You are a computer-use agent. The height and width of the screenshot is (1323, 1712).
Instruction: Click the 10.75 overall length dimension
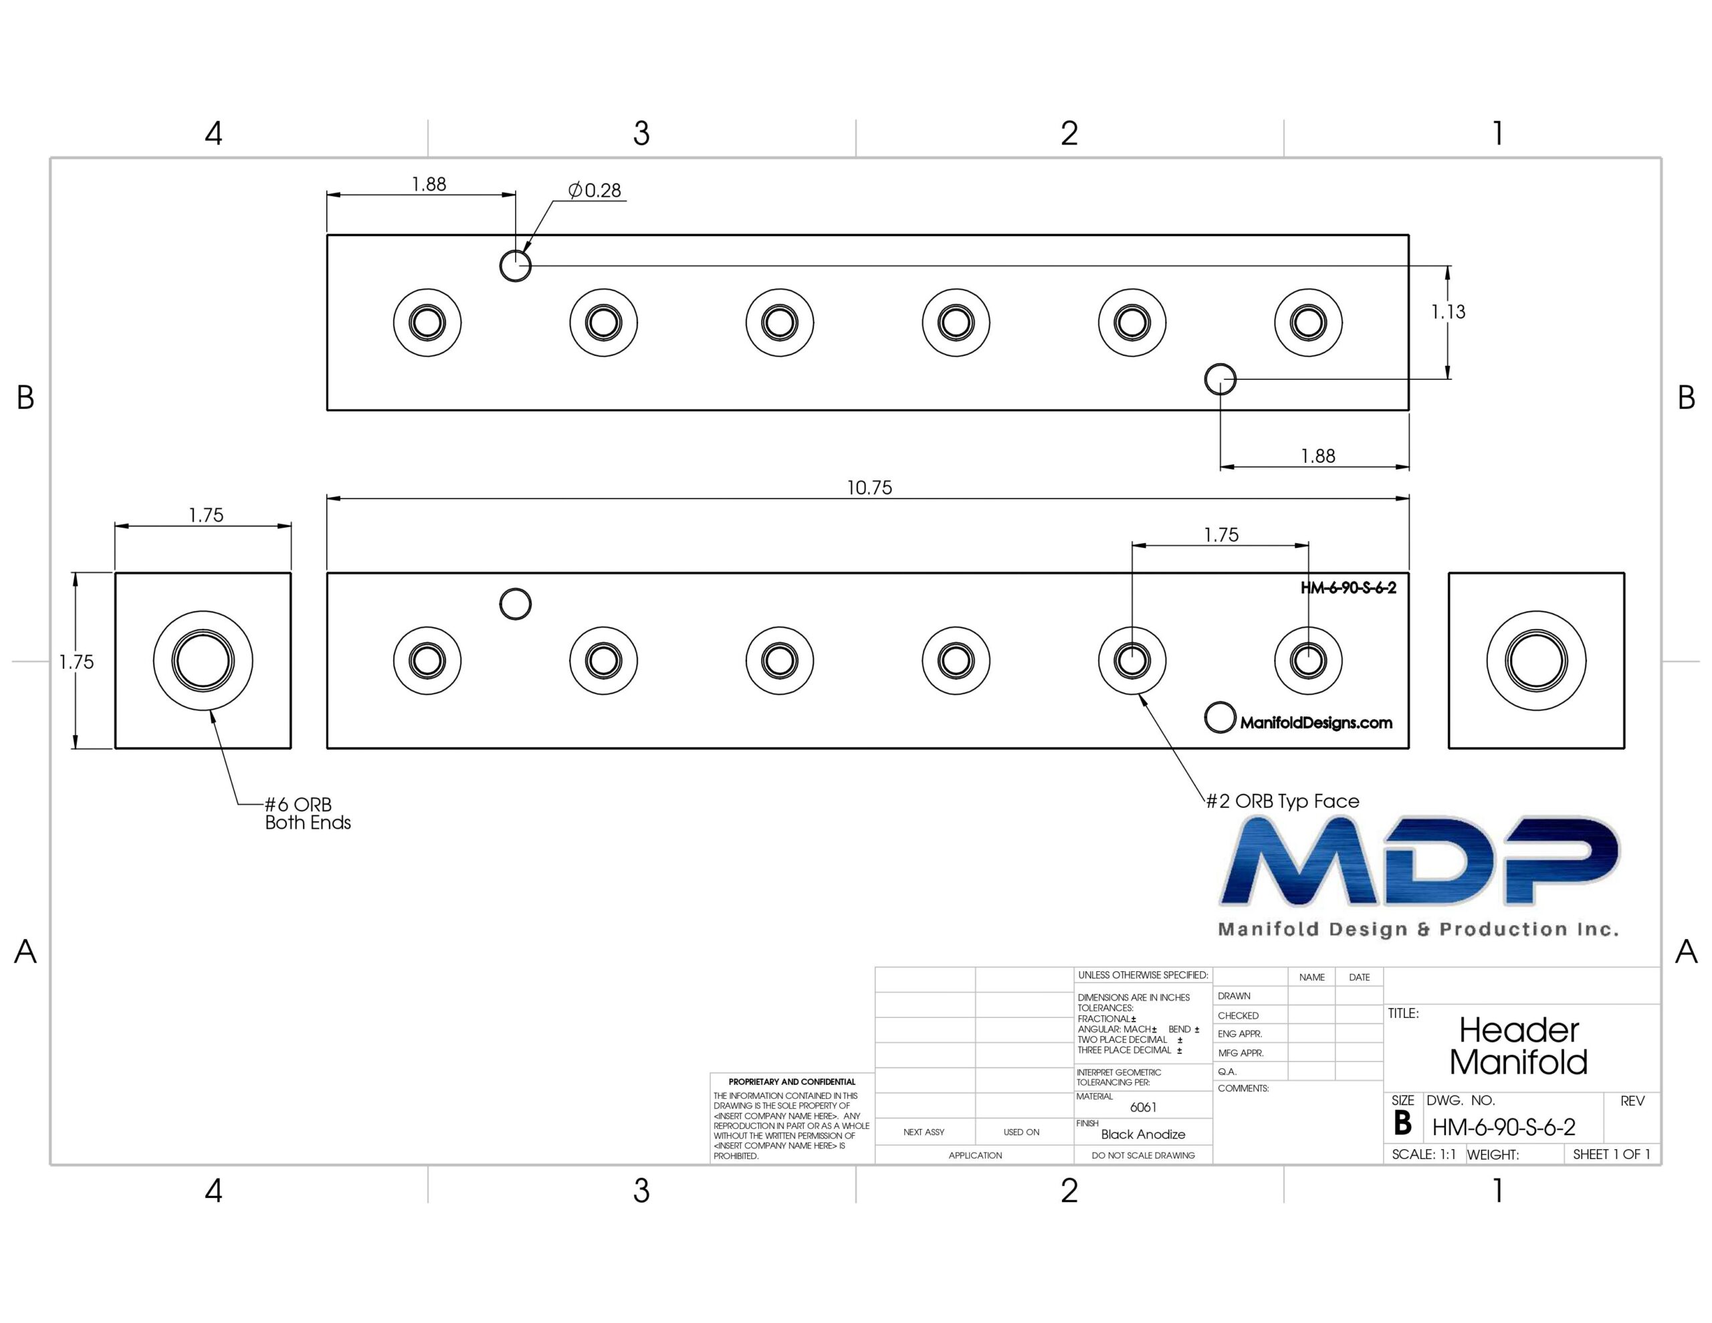click(x=869, y=488)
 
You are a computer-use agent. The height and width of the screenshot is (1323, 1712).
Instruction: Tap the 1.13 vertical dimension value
click(x=1448, y=312)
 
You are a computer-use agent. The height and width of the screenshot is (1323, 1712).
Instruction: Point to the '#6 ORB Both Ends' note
click(x=307, y=813)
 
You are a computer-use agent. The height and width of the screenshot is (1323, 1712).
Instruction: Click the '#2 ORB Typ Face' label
click(x=1283, y=801)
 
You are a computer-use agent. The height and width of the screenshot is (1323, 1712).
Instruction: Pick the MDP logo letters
click(x=1419, y=860)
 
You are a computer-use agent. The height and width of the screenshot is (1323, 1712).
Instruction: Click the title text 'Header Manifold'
click(x=1518, y=1046)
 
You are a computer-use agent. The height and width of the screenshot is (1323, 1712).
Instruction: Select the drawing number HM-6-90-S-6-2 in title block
click(x=1503, y=1127)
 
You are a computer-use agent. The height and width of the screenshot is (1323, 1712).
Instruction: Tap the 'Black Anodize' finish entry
click(x=1143, y=1134)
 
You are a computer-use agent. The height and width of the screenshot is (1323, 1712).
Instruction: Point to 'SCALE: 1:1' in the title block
click(x=1424, y=1154)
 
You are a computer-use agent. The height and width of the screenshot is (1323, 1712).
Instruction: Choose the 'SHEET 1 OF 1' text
click(x=1612, y=1154)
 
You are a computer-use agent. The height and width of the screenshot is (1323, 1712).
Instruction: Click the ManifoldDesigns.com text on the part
click(x=1316, y=723)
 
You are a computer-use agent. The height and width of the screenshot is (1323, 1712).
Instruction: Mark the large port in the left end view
click(x=203, y=660)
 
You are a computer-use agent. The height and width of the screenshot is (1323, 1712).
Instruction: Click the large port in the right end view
click(x=1536, y=660)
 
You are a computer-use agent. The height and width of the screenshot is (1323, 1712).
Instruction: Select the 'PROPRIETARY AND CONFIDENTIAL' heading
click(x=792, y=1082)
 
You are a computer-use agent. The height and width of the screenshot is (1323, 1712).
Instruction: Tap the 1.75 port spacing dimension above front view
click(x=1221, y=536)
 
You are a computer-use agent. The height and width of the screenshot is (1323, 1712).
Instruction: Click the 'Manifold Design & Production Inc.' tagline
click(x=1418, y=929)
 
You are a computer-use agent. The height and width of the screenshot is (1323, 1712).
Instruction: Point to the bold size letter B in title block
click(x=1403, y=1124)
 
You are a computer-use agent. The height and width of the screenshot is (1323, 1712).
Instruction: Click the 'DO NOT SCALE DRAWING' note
click(x=1143, y=1155)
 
